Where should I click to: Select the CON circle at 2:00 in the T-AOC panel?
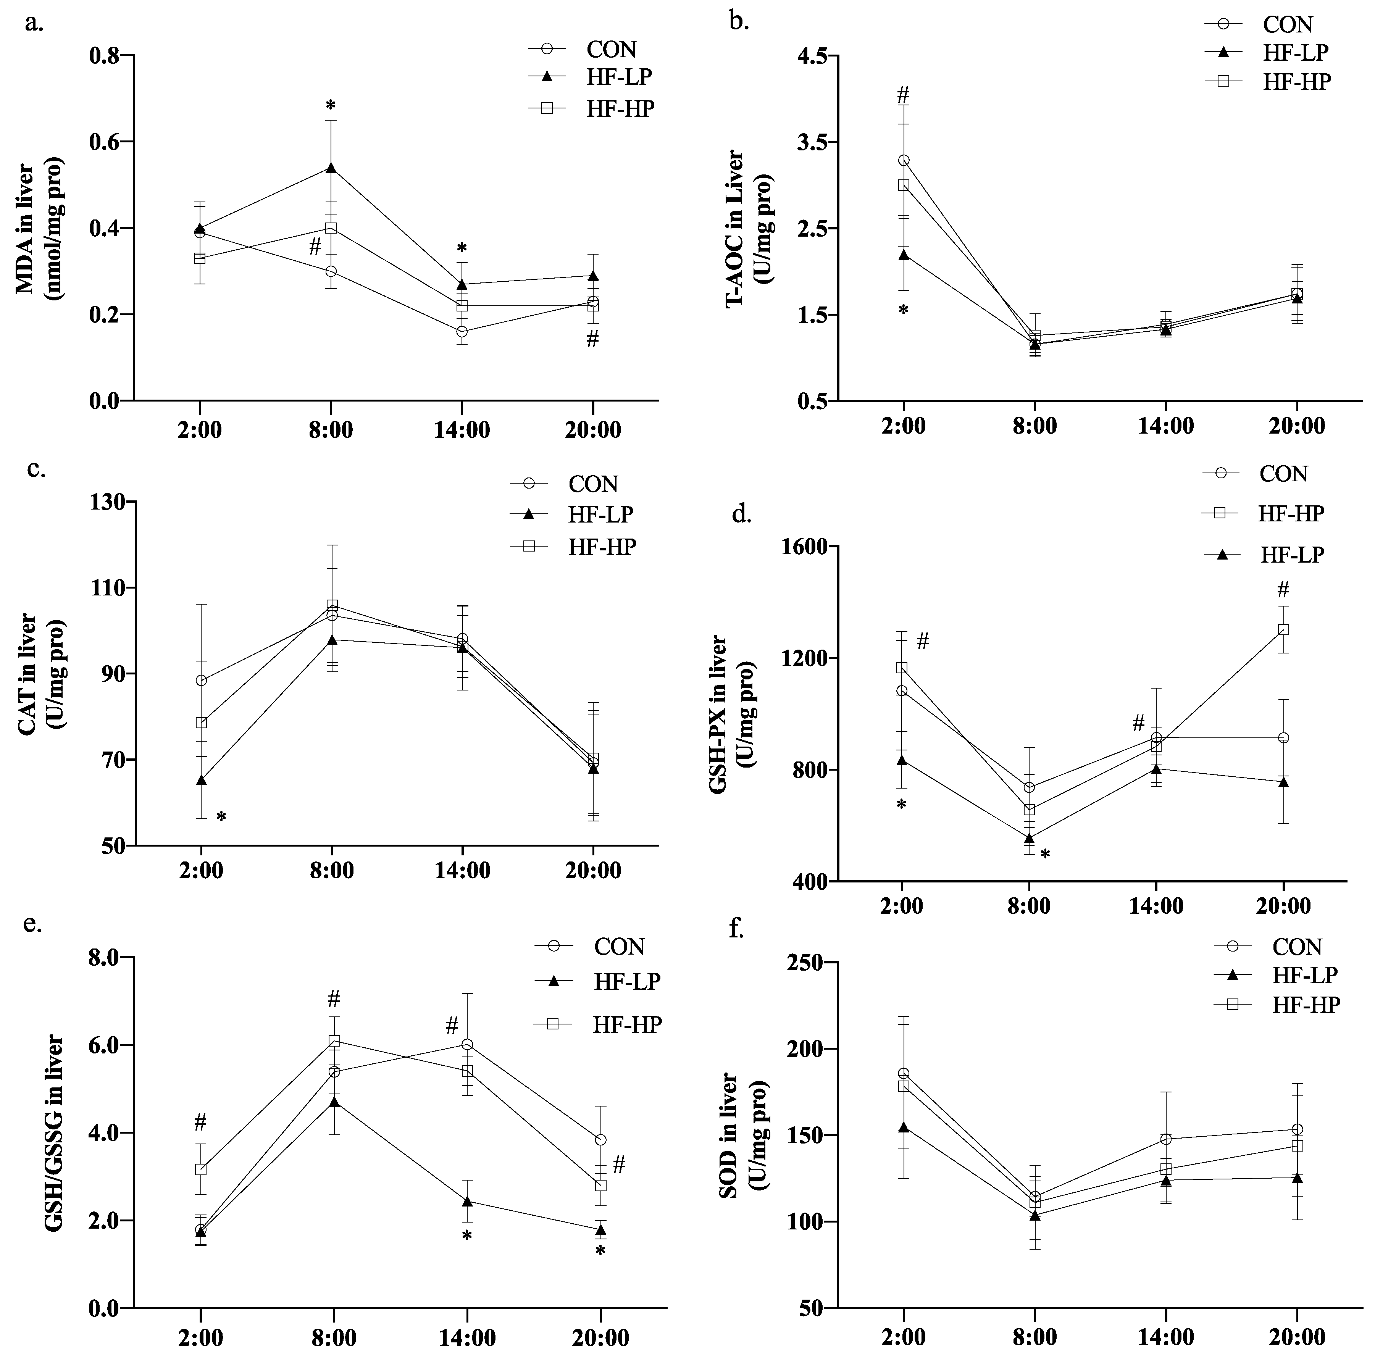904,160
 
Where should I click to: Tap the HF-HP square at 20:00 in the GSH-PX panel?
1284,629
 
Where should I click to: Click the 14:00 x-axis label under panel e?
468,1338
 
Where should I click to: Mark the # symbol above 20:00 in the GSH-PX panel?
1283,589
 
